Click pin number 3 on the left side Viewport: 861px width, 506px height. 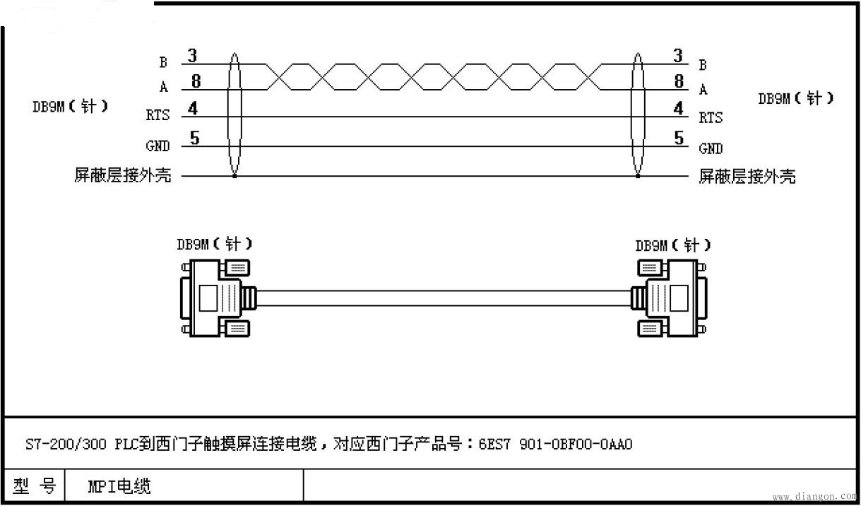[x=192, y=55]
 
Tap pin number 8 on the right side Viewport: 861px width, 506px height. [x=679, y=81]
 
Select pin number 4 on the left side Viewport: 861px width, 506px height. [x=193, y=110]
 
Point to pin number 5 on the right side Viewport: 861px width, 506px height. [x=679, y=138]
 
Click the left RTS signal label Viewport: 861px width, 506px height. [x=158, y=115]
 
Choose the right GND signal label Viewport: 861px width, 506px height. [x=711, y=148]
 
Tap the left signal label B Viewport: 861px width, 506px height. [x=163, y=63]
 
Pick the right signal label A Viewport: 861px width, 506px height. [x=703, y=90]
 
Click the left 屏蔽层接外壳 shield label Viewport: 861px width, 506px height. [x=123, y=175]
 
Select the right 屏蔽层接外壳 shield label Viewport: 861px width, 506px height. [x=747, y=176]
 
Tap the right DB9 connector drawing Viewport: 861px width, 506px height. [x=669, y=298]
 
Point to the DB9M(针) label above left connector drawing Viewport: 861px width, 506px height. [x=214, y=245]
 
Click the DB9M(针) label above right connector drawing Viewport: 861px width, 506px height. [x=672, y=245]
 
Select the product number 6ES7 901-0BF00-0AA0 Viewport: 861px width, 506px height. [x=555, y=444]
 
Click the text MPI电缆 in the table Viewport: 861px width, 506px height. [x=119, y=486]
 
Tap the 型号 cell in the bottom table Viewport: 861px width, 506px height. [x=34, y=486]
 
